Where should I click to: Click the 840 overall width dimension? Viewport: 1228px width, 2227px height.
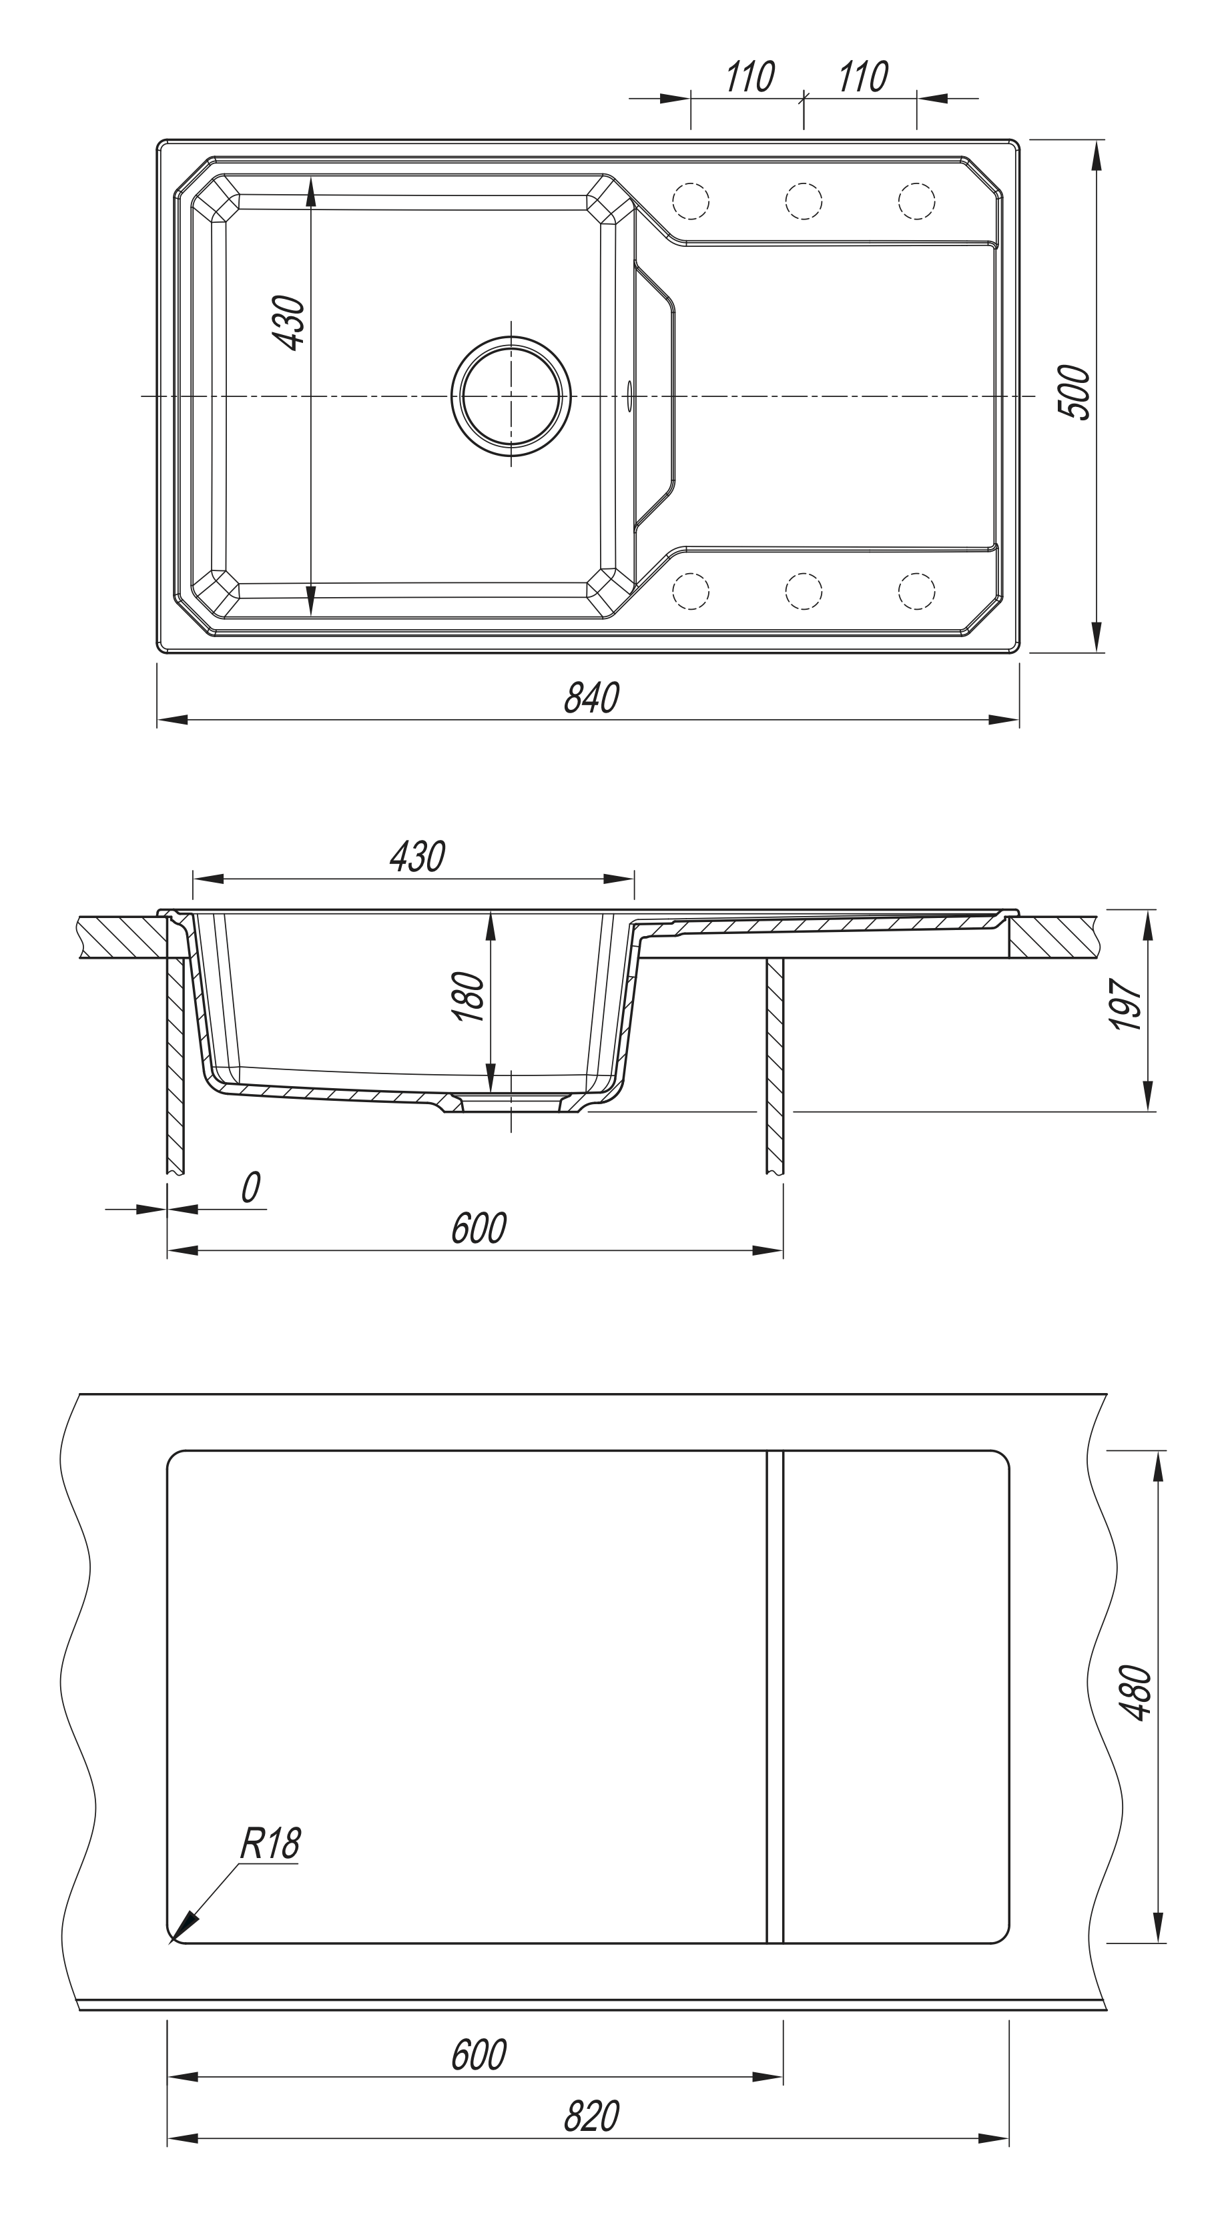(591, 698)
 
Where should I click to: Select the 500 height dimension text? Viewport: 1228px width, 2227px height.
(1075, 392)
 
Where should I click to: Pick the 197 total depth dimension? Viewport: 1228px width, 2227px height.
(1127, 1005)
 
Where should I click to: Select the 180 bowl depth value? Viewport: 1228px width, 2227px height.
(469, 997)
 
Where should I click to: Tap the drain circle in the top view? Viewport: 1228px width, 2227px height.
(511, 396)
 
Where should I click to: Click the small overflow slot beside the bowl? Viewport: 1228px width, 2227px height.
(629, 396)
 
